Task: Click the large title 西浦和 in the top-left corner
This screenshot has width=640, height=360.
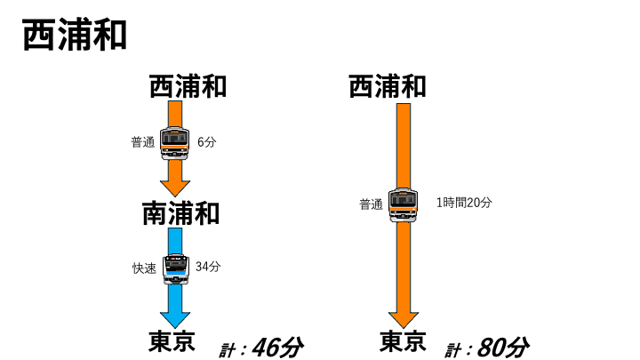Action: tap(75, 35)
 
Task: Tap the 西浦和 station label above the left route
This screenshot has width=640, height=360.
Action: tap(188, 86)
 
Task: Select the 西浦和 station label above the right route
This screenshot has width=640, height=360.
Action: tap(388, 86)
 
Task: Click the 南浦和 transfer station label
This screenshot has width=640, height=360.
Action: tap(180, 213)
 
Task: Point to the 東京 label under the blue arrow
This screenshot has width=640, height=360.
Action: tap(172, 341)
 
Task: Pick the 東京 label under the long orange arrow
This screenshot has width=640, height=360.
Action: tap(403, 341)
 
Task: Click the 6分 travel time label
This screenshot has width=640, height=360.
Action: tap(206, 142)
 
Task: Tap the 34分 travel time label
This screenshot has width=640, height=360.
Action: tap(208, 267)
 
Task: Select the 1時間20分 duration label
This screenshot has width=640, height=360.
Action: tap(464, 203)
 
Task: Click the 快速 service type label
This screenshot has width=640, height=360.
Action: tap(145, 268)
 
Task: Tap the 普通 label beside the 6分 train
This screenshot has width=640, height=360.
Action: tap(143, 142)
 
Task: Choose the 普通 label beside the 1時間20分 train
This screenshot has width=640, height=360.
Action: tap(371, 204)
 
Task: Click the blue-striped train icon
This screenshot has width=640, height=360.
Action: tap(176, 268)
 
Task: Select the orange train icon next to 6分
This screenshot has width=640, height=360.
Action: tap(175, 143)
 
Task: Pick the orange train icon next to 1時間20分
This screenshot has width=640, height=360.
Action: tap(404, 205)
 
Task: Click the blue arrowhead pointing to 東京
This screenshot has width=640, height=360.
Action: tap(175, 320)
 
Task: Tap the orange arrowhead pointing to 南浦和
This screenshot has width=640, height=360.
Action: tap(175, 188)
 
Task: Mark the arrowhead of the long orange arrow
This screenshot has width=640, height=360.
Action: tap(404, 320)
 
